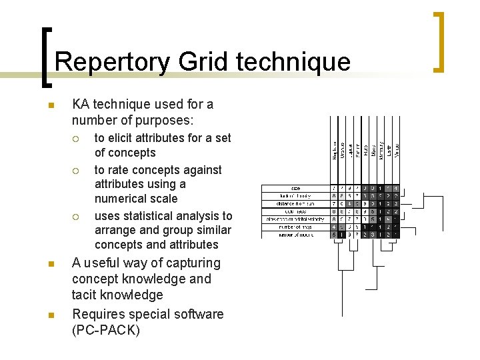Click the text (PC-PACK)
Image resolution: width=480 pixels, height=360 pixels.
click(x=106, y=330)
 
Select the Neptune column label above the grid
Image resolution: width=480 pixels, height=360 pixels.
click(x=335, y=149)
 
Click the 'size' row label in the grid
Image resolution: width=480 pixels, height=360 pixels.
click(x=295, y=189)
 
